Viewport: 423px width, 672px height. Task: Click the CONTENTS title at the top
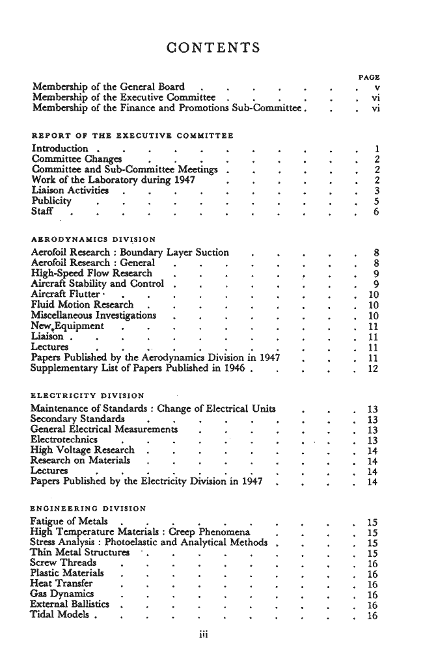(x=213, y=48)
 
